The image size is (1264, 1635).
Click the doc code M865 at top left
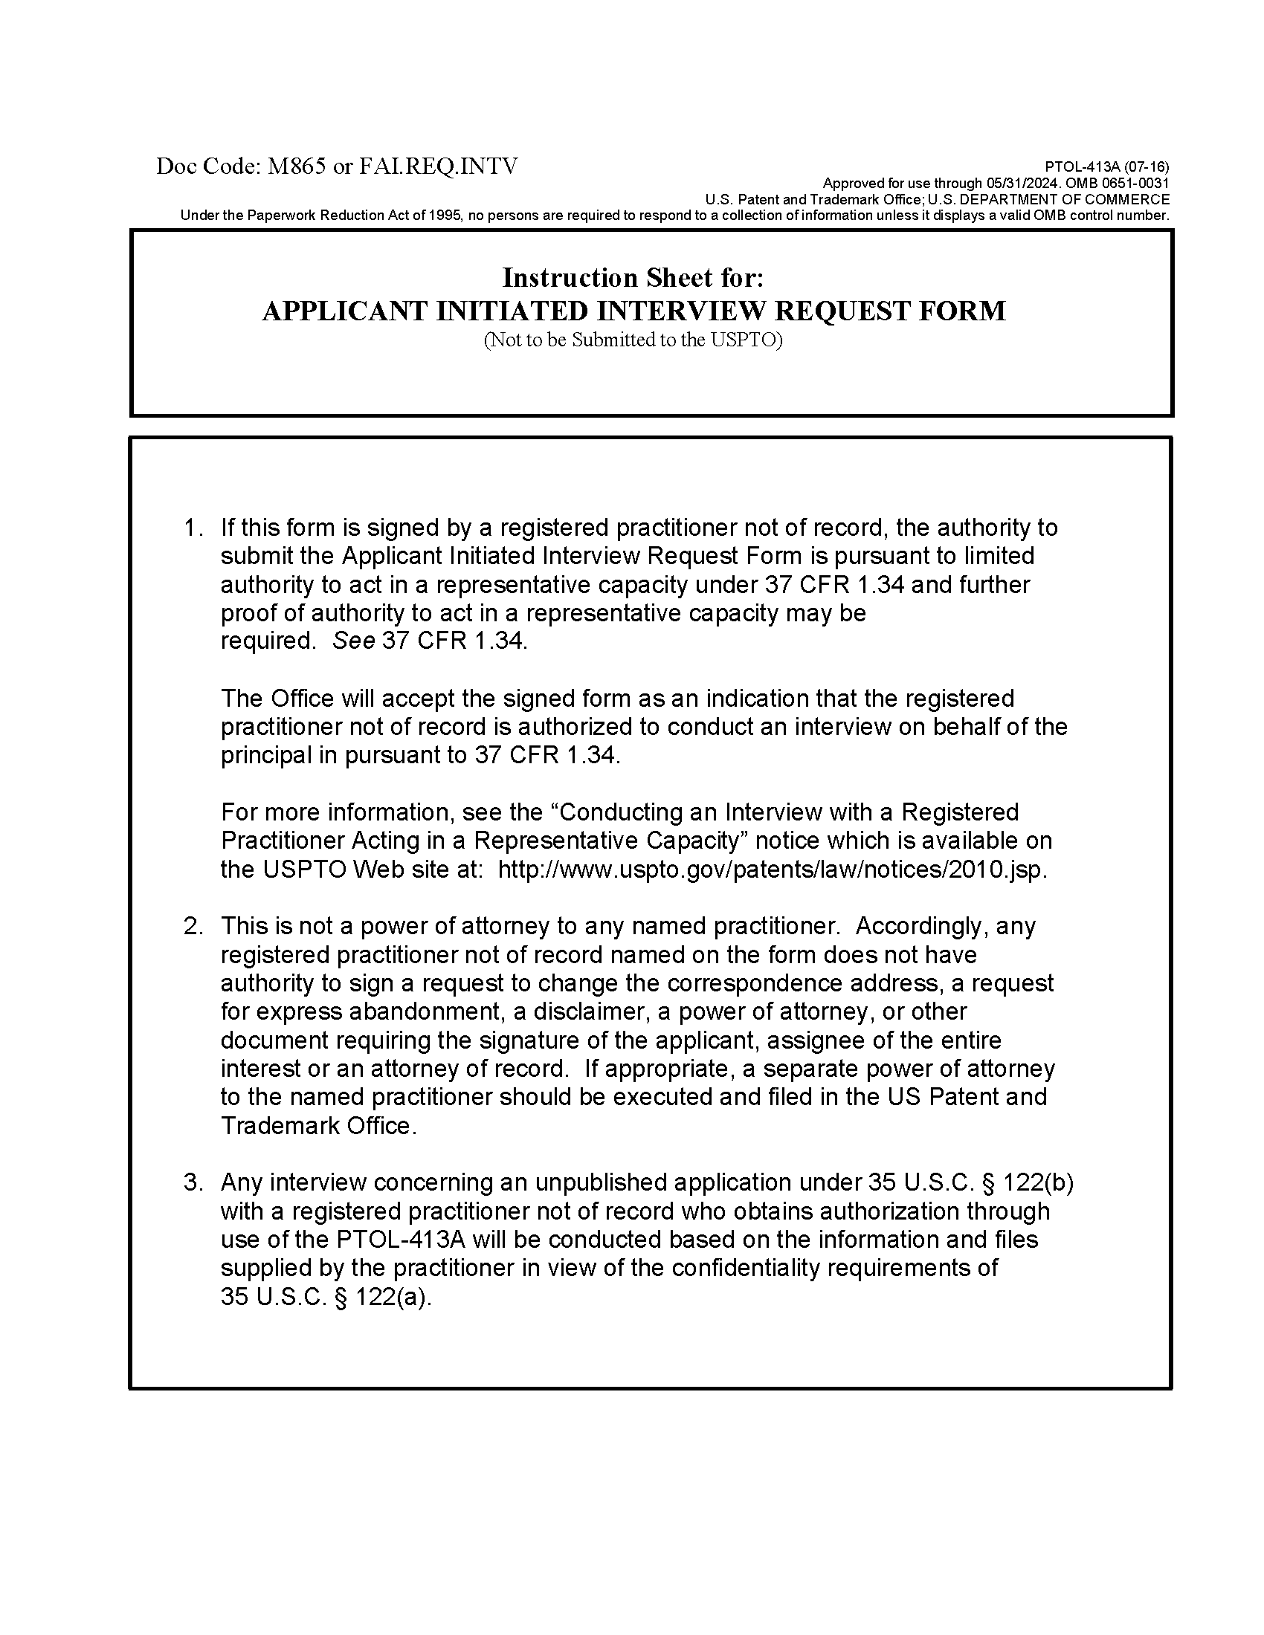point(297,166)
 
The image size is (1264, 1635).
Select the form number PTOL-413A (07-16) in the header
point(1106,167)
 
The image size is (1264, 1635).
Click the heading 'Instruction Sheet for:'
point(633,278)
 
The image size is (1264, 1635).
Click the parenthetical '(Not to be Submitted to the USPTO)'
point(633,340)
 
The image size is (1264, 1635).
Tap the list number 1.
point(193,528)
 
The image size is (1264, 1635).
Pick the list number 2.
point(193,927)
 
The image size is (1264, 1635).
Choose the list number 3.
point(193,1183)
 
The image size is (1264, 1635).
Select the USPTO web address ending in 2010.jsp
point(772,870)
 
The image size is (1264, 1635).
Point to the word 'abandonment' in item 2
point(425,1012)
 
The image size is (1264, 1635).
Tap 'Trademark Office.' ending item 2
point(318,1126)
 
